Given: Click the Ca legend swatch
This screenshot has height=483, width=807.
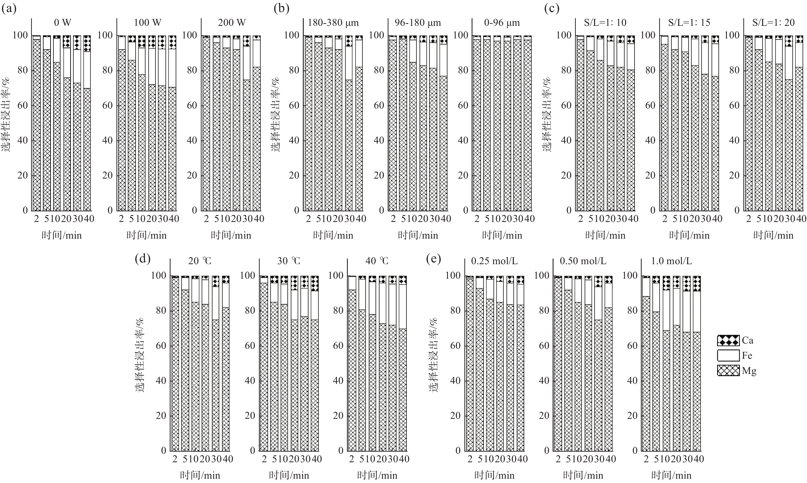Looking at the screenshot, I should pyautogui.click(x=728, y=340).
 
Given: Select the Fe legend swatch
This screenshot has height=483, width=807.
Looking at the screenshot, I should pyautogui.click(x=728, y=355).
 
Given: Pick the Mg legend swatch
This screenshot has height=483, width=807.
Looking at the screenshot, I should pyautogui.click(x=728, y=371).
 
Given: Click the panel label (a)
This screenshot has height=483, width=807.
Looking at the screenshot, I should pyautogui.click(x=9, y=8).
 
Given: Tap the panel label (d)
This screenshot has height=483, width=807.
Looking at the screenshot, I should pyautogui.click(x=142, y=259).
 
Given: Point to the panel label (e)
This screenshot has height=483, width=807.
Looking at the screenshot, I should pyautogui.click(x=433, y=259).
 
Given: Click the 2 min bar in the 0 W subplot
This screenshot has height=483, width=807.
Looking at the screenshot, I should pyautogui.click(x=37, y=124).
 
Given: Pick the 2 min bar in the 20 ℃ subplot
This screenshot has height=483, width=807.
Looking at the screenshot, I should pyautogui.click(x=175, y=363).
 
